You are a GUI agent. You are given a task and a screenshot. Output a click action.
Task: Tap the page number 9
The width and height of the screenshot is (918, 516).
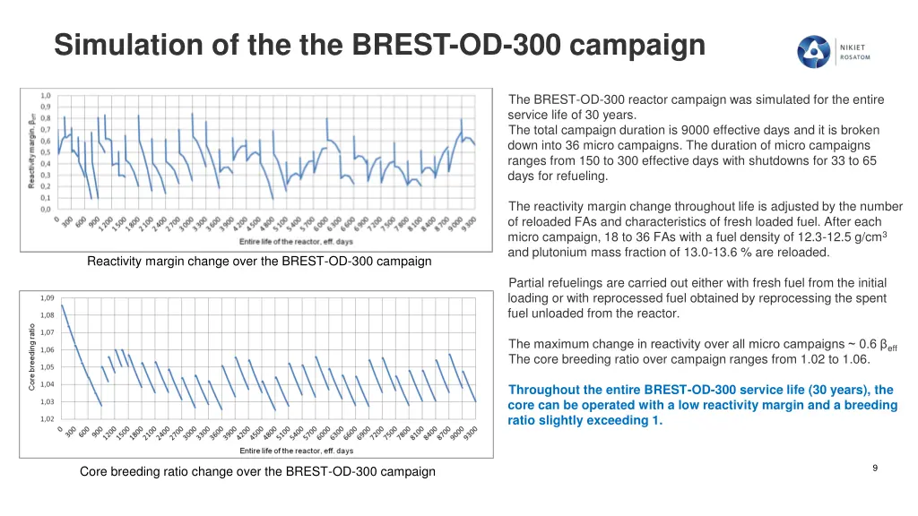(x=875, y=468)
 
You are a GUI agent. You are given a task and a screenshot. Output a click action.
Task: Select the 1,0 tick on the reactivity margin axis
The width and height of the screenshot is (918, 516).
(x=45, y=95)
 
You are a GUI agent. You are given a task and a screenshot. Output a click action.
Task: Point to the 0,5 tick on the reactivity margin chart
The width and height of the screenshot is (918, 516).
(x=45, y=152)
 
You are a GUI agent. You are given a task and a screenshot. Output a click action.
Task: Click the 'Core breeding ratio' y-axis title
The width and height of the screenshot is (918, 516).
(x=30, y=357)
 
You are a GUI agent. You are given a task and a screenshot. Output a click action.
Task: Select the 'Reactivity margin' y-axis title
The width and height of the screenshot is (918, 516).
(x=32, y=148)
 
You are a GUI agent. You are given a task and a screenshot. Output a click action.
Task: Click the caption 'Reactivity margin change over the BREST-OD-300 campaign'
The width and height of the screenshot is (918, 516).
(x=259, y=262)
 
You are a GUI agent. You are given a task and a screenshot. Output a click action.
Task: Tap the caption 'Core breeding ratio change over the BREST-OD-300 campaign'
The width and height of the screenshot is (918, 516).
(x=257, y=471)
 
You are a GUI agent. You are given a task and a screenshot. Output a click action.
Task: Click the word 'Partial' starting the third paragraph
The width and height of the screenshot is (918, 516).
(x=527, y=283)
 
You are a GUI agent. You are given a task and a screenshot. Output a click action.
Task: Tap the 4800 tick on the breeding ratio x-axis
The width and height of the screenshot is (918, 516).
(x=270, y=436)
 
